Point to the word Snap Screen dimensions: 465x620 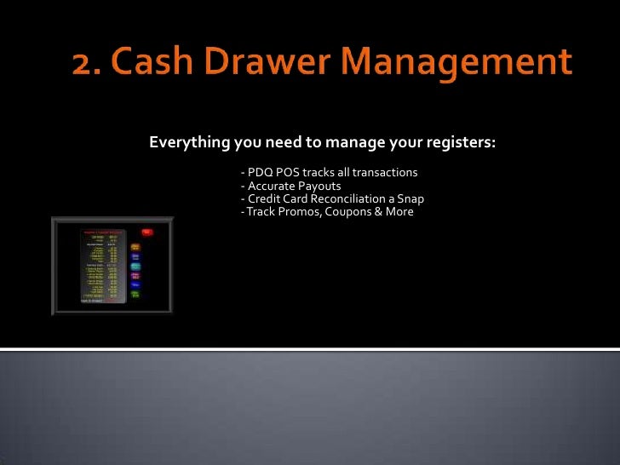(x=410, y=198)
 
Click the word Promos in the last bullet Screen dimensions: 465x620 (x=292, y=211)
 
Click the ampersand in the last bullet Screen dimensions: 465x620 (x=377, y=211)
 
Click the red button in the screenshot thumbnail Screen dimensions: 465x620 (x=146, y=232)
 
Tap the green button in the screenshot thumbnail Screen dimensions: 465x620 (x=135, y=295)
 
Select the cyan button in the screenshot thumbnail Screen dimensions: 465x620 (x=135, y=267)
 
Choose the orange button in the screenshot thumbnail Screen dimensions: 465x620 (x=135, y=247)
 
